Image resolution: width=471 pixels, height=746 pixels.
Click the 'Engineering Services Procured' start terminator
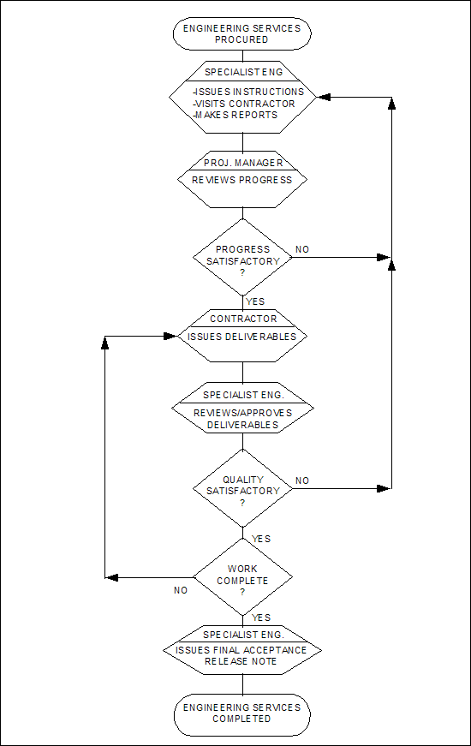241,33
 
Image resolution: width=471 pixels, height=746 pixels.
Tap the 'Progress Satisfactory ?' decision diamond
242,258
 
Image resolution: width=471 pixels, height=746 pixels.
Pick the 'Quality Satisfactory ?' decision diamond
242,488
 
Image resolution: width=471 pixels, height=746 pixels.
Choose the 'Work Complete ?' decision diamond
242,577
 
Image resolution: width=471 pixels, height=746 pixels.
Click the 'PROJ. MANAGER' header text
243,163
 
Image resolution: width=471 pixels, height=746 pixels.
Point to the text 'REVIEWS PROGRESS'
241,180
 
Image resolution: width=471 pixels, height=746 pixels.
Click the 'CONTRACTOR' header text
243,319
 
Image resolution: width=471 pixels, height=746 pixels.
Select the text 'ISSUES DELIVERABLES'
241,337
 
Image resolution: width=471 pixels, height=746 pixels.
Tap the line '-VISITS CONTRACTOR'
244,104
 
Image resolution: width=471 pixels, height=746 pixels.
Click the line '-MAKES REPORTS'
235,115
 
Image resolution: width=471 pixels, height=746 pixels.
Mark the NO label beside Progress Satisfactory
302,249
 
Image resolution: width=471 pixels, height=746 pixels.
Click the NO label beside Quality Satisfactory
302,480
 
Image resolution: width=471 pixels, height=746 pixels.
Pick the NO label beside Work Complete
181,590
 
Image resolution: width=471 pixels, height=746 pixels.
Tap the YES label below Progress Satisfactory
255,301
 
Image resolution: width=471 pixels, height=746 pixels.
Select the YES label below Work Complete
261,618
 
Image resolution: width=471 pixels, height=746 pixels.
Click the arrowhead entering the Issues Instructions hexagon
324,98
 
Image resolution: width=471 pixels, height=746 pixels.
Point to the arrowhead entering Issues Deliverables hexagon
170,337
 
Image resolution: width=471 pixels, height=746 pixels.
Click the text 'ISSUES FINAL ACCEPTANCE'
241,650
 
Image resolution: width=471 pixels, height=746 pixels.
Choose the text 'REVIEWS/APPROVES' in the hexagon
242,413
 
